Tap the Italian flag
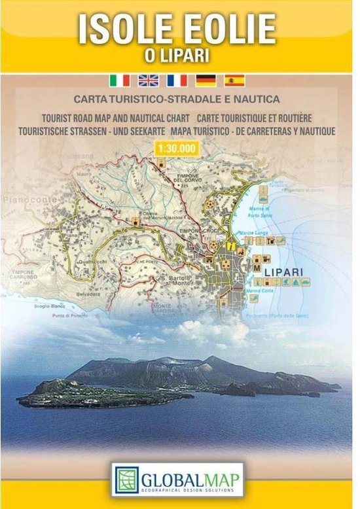120,80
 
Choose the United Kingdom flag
148,80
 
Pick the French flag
177,80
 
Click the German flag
206,80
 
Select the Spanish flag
234,80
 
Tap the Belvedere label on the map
94,294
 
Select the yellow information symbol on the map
230,245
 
